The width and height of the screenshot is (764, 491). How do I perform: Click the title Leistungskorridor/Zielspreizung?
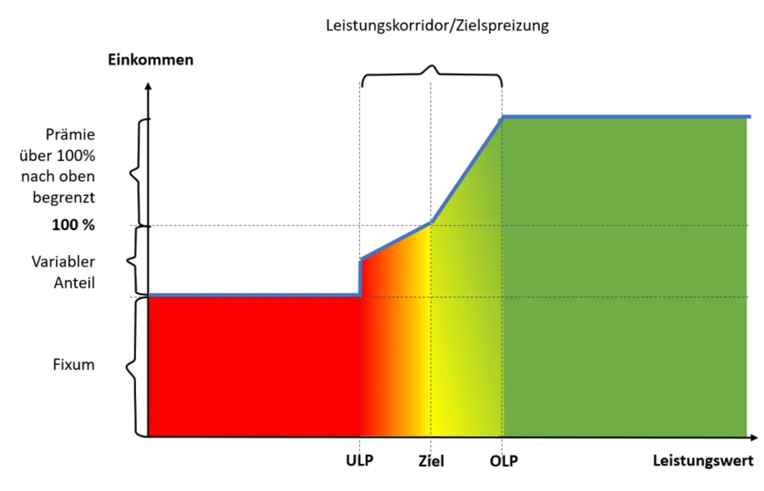(437, 25)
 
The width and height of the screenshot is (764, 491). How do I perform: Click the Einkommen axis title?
(151, 60)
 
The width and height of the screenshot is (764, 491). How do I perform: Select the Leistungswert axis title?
(703, 460)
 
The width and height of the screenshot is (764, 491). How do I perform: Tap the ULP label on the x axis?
(360, 460)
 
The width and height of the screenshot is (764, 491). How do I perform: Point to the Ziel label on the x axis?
(431, 461)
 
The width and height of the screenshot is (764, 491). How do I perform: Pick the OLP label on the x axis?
(504, 460)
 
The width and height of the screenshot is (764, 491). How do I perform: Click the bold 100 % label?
(73, 225)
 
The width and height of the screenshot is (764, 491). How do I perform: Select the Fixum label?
(73, 364)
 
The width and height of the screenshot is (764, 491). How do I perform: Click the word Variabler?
(63, 262)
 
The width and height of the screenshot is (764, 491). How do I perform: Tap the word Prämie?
(70, 134)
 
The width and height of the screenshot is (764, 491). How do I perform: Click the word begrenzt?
(64, 198)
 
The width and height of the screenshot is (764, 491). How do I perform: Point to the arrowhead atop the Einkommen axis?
(148, 86)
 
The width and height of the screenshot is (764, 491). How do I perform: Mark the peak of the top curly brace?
(431, 66)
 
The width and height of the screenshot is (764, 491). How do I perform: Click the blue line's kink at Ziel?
(432, 222)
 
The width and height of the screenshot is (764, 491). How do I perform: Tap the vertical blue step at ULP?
(361, 278)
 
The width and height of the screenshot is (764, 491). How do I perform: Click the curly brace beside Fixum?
(132, 366)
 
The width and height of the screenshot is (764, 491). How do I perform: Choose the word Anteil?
(74, 283)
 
